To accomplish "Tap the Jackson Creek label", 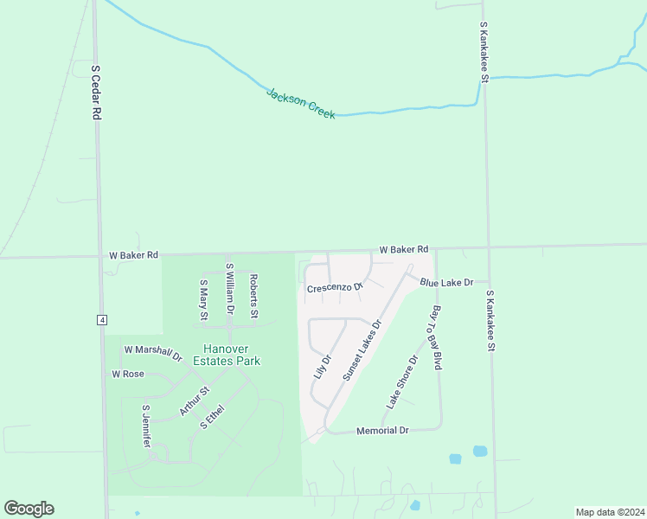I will click(300, 103).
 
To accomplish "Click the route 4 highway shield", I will click(102, 320).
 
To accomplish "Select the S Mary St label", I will click(204, 299).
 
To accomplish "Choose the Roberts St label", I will click(253, 296).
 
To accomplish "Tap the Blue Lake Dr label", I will click(446, 282).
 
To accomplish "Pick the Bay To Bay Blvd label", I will click(437, 337).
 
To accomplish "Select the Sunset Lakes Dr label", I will click(362, 350).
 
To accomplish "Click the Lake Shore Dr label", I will click(402, 381).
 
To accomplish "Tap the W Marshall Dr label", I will click(153, 352).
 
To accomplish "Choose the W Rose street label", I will click(128, 375).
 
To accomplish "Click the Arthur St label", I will click(195, 402).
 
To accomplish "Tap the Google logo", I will click(29, 509).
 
